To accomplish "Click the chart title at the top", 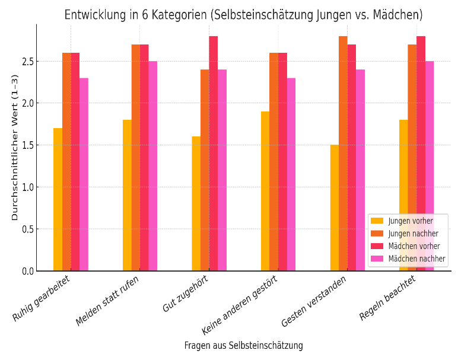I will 243,15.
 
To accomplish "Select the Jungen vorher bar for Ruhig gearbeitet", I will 58,199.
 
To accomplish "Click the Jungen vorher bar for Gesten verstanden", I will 335,208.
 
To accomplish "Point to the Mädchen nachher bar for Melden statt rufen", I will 152,165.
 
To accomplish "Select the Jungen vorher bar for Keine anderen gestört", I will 265,191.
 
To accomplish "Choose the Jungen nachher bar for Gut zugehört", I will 205,170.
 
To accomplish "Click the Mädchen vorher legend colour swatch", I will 377,246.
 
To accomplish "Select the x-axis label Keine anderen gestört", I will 240,304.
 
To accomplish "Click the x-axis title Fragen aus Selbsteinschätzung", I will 243,346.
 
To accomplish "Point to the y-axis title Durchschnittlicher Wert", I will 15,147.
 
